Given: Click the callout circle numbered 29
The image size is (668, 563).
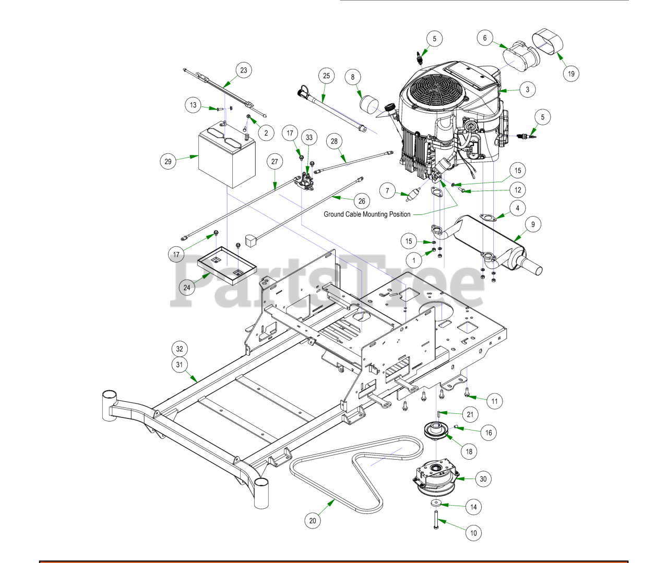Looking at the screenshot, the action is [x=168, y=161].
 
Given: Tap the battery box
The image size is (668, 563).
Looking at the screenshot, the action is [x=226, y=158].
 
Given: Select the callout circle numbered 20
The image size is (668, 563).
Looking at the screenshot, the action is [x=313, y=520].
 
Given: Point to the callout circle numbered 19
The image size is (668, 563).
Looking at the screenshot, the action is [x=571, y=74].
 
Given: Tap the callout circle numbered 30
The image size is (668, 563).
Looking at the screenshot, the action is [x=483, y=479].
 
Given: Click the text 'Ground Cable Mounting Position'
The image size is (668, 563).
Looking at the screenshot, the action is [x=367, y=214].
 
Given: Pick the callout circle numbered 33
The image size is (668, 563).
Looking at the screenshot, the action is [x=309, y=137].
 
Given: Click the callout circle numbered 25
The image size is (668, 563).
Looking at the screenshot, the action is [x=326, y=76].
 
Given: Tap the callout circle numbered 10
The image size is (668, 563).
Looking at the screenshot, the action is [x=473, y=533].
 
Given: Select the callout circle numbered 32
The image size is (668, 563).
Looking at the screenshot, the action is [x=180, y=349].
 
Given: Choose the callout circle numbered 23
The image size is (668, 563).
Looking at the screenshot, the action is [x=244, y=70].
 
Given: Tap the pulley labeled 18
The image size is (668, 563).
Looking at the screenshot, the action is [x=436, y=430].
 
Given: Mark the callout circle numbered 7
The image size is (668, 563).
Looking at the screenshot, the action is [x=387, y=190].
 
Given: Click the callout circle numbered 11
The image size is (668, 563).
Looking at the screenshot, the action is [x=495, y=401].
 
